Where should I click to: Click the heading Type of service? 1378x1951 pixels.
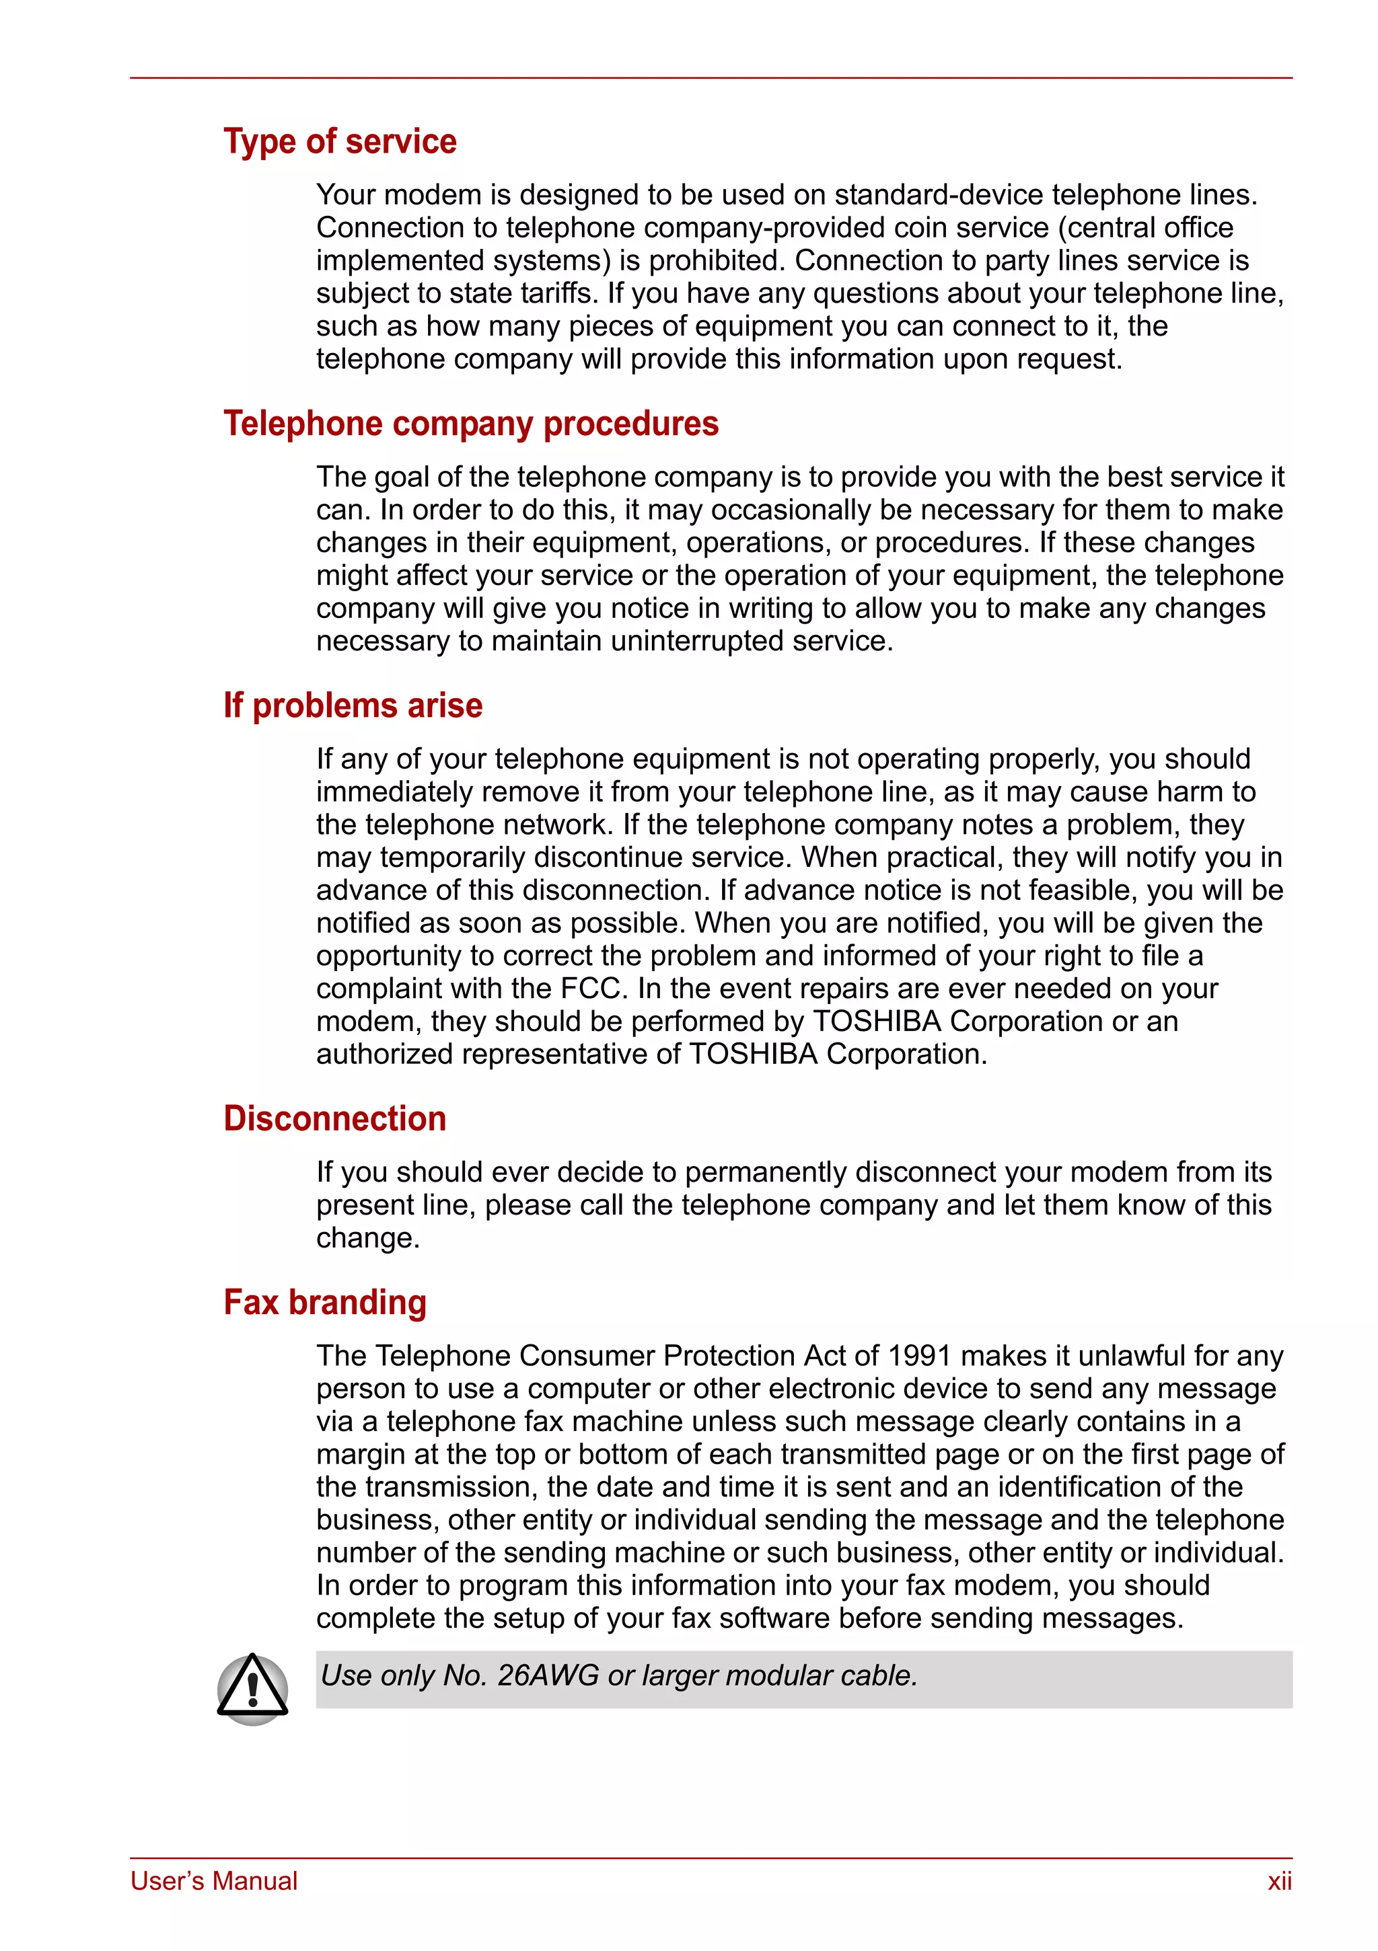(339, 141)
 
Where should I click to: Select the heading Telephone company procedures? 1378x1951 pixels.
(470, 423)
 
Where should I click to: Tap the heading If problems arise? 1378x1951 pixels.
(353, 705)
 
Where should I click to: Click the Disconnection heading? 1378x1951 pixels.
(334, 1118)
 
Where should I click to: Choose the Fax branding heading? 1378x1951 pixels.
(325, 1302)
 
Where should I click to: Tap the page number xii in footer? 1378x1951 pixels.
(1278, 1881)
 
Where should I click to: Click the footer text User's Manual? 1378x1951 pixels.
(214, 1881)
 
